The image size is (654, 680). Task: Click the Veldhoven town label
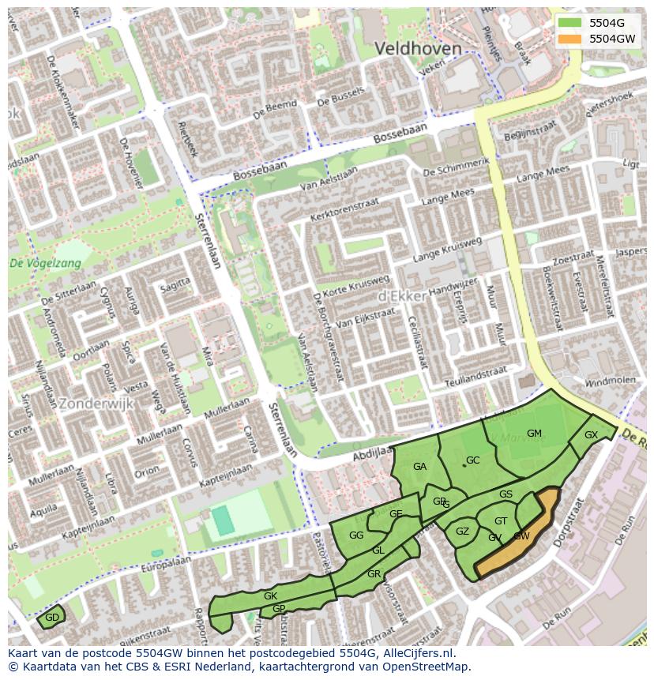[418, 49]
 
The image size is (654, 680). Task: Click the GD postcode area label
[52, 618]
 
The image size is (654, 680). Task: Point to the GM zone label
[534, 434]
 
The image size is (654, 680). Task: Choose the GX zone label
[591, 435]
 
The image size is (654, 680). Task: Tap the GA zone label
[419, 467]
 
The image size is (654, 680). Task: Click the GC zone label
[472, 460]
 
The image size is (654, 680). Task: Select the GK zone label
[270, 596]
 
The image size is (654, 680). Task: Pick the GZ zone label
[463, 532]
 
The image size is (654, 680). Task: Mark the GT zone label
[501, 521]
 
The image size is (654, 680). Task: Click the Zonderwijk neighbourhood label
[96, 403]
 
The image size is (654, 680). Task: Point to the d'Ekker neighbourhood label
[403, 295]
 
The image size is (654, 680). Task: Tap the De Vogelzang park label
[44, 264]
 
